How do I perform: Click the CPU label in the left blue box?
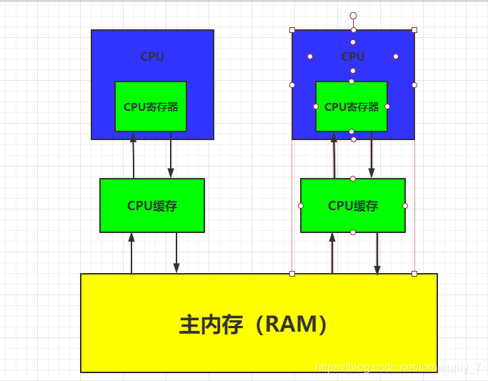point(152,56)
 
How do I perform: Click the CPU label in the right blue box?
point(353,56)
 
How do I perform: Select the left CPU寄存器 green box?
point(151,107)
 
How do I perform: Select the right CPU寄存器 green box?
point(352,107)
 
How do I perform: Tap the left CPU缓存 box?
point(152,206)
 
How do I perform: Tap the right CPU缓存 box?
point(353,206)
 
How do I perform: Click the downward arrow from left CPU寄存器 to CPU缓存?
point(171,156)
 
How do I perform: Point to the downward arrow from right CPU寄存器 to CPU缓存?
point(372,156)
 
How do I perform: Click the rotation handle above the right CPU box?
point(353,16)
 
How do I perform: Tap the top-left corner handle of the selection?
point(292,30)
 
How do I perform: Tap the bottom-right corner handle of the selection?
point(414,274)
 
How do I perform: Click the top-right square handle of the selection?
point(414,30)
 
